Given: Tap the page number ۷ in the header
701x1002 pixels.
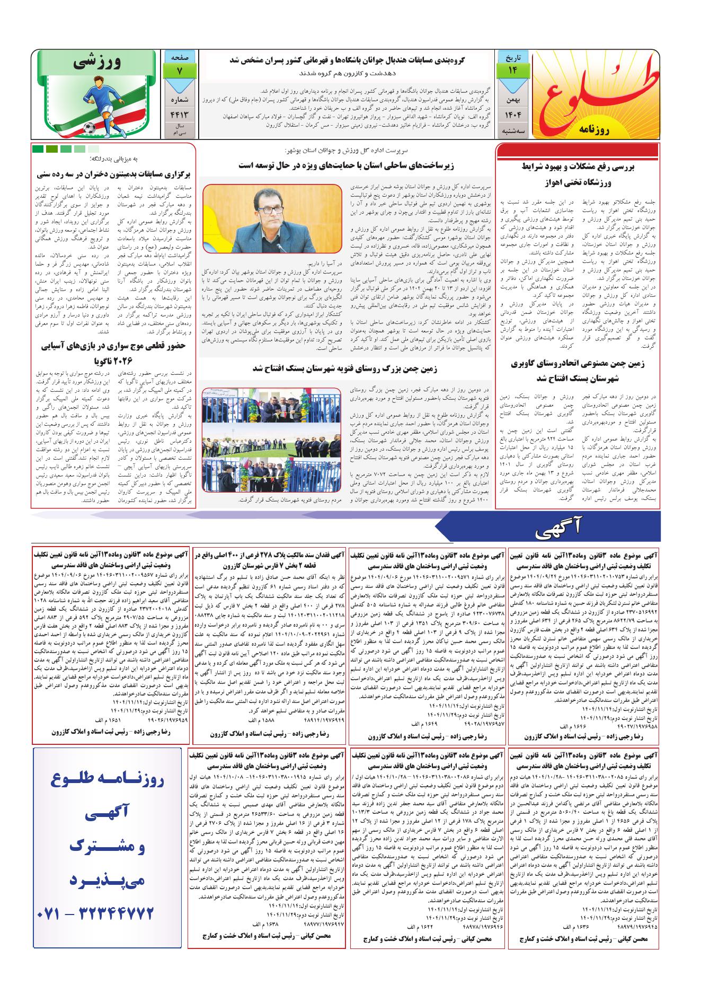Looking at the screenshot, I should tap(179, 71).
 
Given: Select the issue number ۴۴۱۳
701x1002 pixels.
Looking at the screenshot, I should tap(179, 114).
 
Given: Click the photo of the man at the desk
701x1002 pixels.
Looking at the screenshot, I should tap(271, 219).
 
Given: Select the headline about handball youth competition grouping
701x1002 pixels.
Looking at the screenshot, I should tap(347, 61).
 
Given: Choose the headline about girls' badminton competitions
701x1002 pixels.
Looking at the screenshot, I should tap(113, 173).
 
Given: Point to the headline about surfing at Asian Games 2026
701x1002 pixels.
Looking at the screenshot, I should tap(113, 354).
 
